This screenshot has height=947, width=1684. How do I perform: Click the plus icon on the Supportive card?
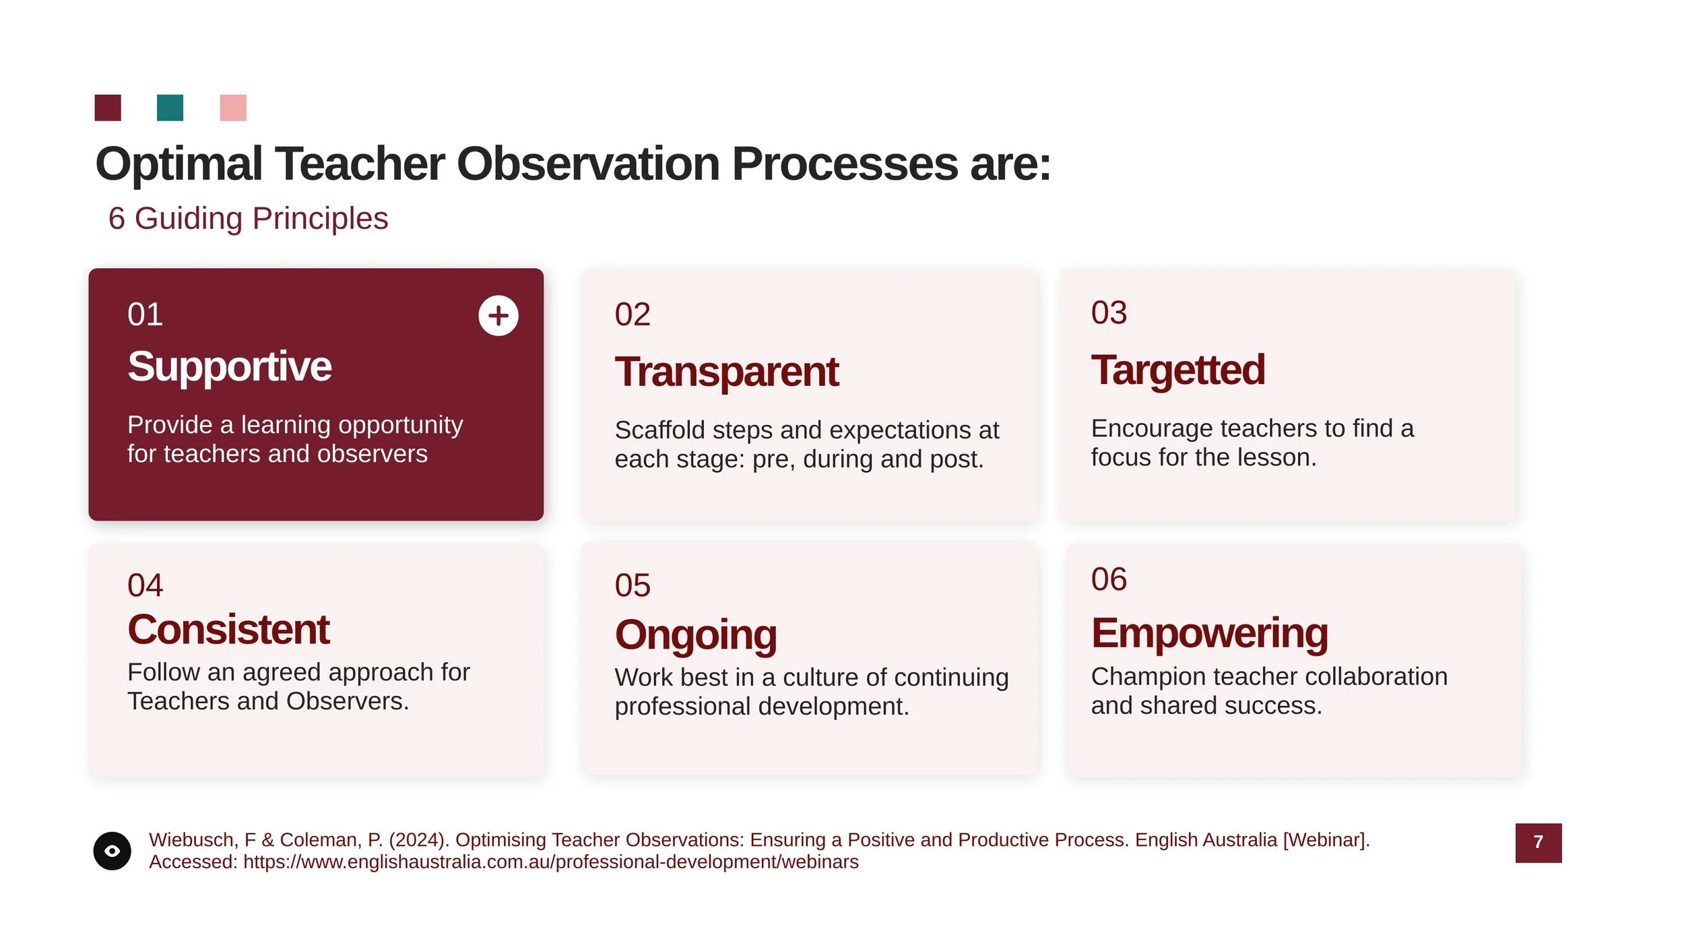tap(498, 315)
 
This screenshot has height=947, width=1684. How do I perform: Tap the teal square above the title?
tap(170, 108)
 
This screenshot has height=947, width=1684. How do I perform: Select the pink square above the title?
tap(233, 108)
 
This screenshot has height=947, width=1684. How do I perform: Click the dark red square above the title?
tap(108, 108)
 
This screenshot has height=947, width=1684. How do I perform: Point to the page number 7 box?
tap(1538, 843)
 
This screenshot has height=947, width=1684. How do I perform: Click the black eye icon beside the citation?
tap(112, 851)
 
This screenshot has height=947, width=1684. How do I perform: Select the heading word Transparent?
tap(726, 372)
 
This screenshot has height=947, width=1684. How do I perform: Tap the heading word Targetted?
tap(1177, 370)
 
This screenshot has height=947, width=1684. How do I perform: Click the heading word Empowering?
tap(1209, 633)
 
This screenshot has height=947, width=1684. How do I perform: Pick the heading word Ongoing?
tap(695, 634)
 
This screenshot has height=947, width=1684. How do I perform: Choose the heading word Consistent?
tap(228, 630)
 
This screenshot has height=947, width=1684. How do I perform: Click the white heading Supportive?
tap(229, 366)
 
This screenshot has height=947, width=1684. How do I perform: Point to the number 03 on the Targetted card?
tap(1109, 313)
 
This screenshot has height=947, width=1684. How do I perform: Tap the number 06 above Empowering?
tap(1109, 579)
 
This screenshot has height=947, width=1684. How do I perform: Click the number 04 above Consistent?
tap(145, 585)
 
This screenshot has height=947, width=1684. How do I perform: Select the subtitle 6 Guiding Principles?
tap(248, 218)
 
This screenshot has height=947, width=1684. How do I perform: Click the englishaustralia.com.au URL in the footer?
tap(550, 862)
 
